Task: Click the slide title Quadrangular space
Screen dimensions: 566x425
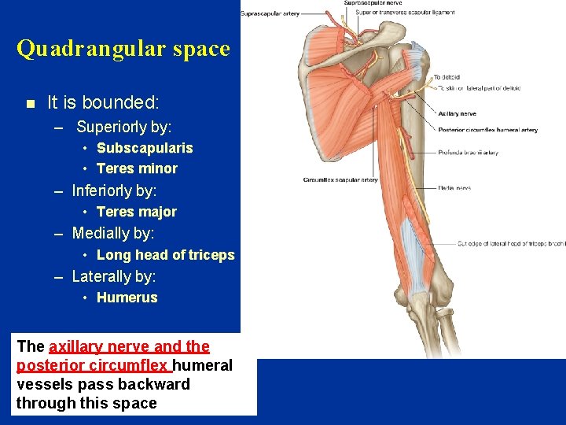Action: [x=123, y=49]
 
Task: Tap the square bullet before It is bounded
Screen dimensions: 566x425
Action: [x=30, y=103]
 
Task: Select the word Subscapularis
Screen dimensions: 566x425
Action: [x=145, y=148]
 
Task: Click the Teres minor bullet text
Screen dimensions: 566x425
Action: [x=137, y=168]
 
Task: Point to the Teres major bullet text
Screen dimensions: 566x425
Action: [x=137, y=212]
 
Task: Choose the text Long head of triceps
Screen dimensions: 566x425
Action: [x=165, y=255]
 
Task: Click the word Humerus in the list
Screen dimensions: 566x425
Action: [x=127, y=297]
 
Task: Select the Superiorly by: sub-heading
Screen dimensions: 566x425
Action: [x=124, y=127]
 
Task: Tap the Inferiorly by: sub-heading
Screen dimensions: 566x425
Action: [x=115, y=190]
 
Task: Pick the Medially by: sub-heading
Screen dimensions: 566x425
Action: [x=113, y=234]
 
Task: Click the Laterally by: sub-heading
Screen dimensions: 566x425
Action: [x=114, y=276]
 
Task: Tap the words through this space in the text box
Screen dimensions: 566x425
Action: [x=86, y=403]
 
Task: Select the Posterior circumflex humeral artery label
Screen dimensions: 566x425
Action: [x=488, y=130]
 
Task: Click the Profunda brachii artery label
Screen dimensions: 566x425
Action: [x=469, y=153]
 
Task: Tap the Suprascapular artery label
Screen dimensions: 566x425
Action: [x=270, y=13]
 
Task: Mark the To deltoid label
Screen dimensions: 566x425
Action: [x=446, y=77]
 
